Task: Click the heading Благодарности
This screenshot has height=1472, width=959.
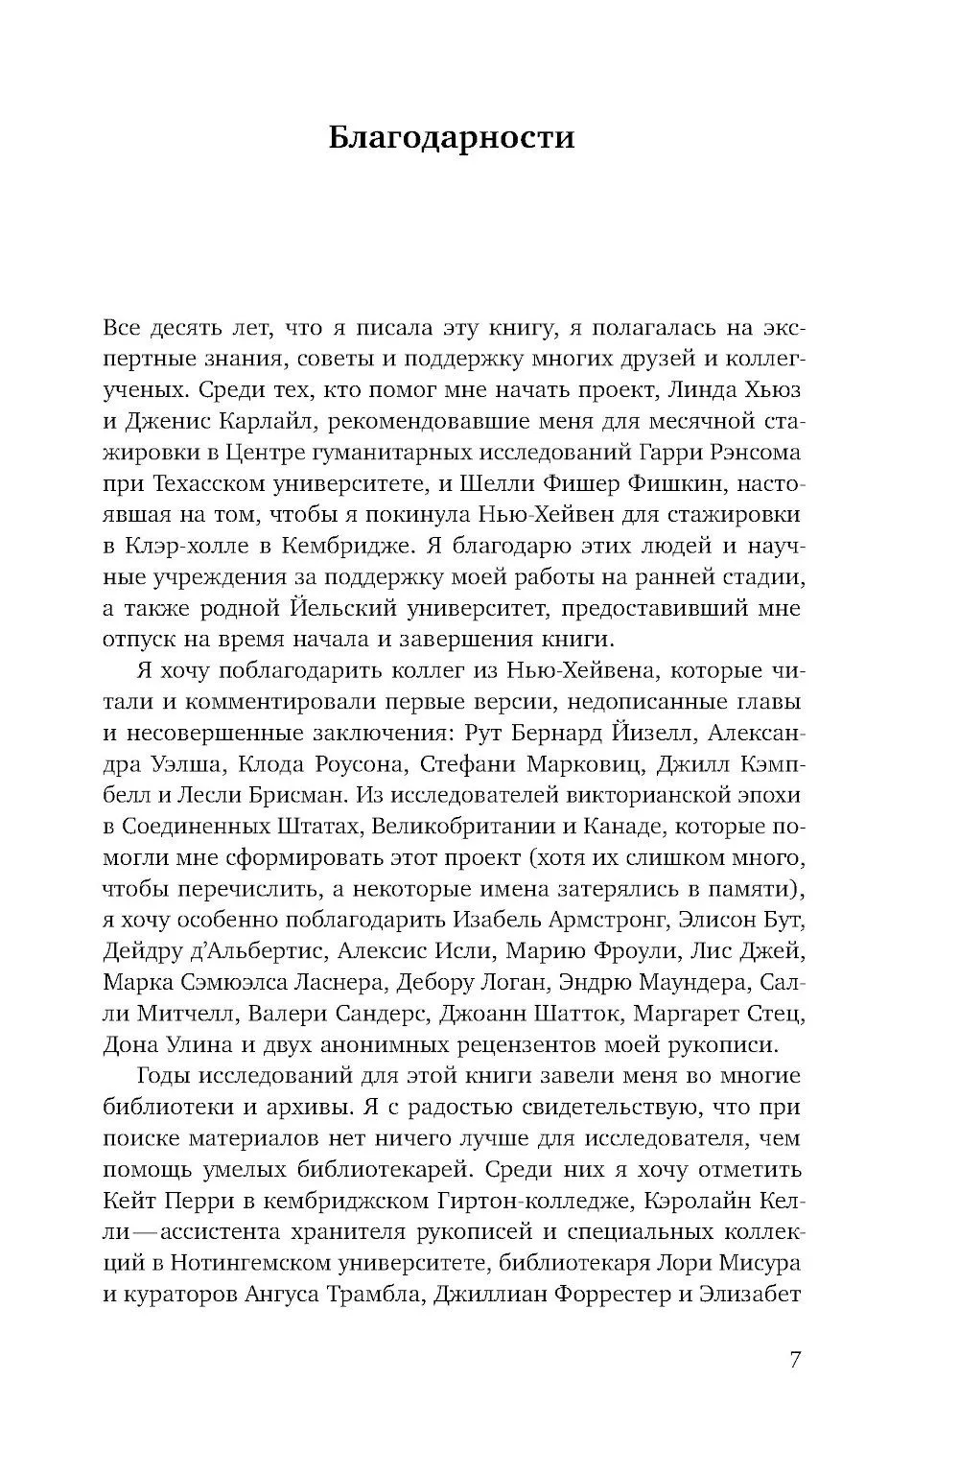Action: pyautogui.click(x=451, y=137)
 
